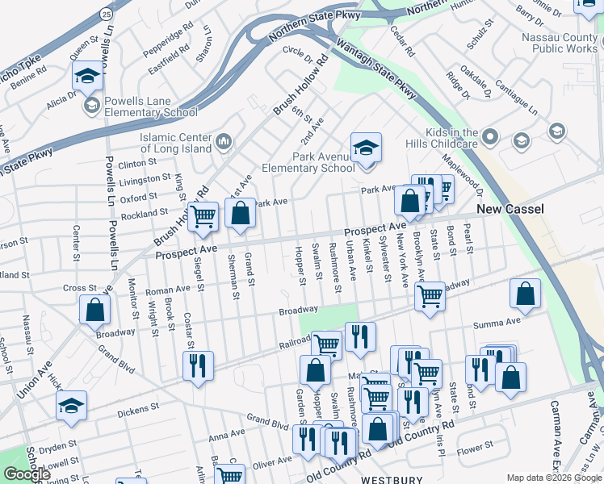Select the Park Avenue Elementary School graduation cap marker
(366, 148)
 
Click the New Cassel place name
(510, 209)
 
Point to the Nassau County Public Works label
(563, 43)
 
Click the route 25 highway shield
(107, 14)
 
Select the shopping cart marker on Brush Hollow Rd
(203, 215)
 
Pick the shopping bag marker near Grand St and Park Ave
(240, 214)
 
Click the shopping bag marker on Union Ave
(95, 310)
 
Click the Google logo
(27, 475)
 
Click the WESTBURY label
(392, 479)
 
